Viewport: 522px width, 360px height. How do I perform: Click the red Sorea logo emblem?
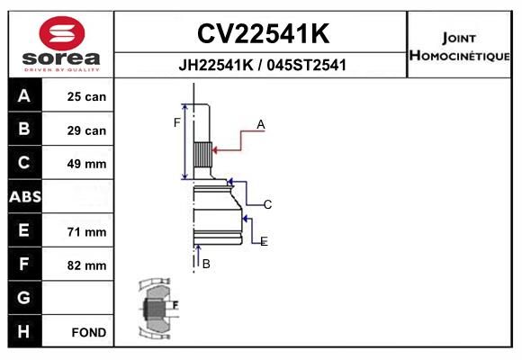click(x=62, y=33)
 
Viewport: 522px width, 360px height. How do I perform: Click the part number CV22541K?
click(x=263, y=33)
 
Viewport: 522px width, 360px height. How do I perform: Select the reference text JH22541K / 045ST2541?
click(x=262, y=65)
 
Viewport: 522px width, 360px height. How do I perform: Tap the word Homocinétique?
click(x=459, y=56)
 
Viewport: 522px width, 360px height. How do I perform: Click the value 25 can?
click(x=86, y=96)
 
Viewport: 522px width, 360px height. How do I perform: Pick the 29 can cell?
click(x=86, y=130)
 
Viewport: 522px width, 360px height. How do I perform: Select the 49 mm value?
click(x=86, y=164)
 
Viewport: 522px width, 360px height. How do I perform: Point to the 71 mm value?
click(x=86, y=232)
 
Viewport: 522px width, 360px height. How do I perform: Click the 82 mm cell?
click(x=86, y=265)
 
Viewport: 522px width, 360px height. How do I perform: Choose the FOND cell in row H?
click(x=89, y=332)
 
